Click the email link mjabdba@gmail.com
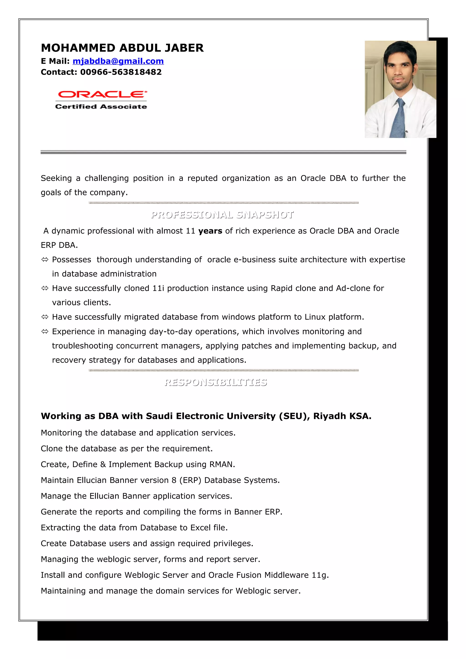[x=118, y=61]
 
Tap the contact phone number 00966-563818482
[x=121, y=72]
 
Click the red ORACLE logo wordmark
[x=102, y=94]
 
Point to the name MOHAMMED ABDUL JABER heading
[x=122, y=48]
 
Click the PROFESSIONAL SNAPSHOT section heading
[x=222, y=215]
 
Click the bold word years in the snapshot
[x=210, y=231]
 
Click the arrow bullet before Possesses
[x=45, y=260]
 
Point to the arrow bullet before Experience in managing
[x=45, y=332]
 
